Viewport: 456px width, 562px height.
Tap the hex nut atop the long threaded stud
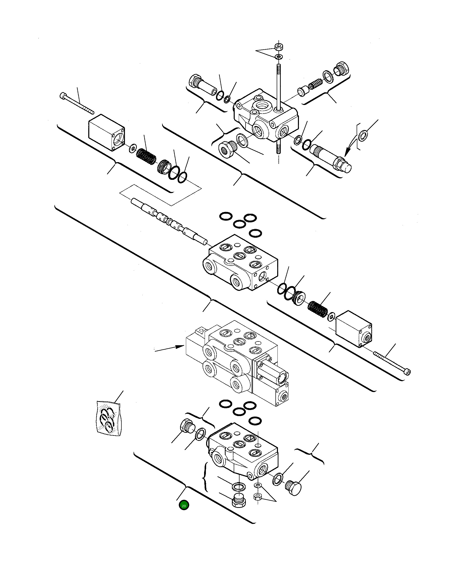click(x=278, y=47)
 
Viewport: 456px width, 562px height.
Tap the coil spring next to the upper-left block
click(x=146, y=156)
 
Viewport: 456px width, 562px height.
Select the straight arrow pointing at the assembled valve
click(x=169, y=348)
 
